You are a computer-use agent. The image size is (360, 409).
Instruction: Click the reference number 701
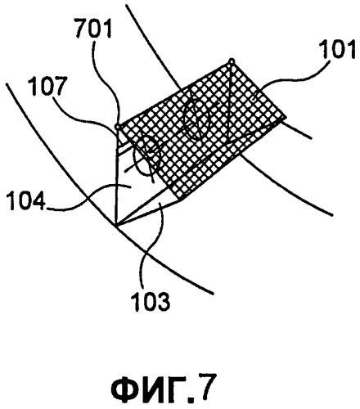pyautogui.click(x=93, y=29)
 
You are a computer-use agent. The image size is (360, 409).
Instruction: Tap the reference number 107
pyautogui.click(x=48, y=86)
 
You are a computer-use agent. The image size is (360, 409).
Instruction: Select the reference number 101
pyautogui.click(x=338, y=50)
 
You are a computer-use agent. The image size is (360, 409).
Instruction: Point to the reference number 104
pyautogui.click(x=25, y=201)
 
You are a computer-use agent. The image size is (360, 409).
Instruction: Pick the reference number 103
pyautogui.click(x=151, y=301)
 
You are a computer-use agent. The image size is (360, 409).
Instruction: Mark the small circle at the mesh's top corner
pyautogui.click(x=232, y=61)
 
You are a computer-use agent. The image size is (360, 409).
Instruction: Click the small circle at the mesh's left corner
pyautogui.click(x=118, y=127)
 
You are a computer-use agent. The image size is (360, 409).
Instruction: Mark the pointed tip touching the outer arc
pyautogui.click(x=115, y=225)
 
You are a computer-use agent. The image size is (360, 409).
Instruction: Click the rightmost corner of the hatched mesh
pyautogui.click(x=286, y=118)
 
